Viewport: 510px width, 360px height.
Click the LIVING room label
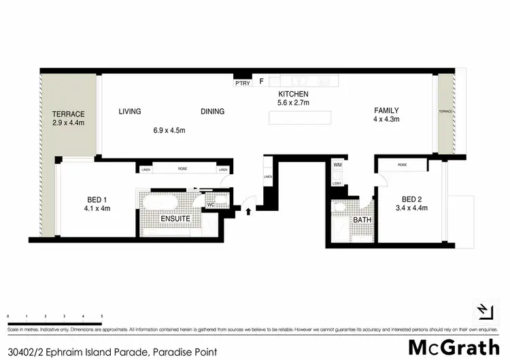pos(129,112)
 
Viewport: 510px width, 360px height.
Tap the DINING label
pos(212,112)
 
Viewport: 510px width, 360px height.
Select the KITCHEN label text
pos(294,95)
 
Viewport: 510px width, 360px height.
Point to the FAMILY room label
pos(386,111)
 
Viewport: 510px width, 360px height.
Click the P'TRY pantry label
pos(241,84)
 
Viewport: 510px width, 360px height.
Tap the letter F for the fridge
pos(261,82)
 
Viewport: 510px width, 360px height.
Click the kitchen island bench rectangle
pos(300,118)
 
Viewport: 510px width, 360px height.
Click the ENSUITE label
pos(175,219)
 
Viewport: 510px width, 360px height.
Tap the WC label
pos(211,204)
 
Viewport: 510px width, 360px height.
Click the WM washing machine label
pos(337,165)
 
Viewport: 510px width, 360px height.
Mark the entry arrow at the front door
pos(248,211)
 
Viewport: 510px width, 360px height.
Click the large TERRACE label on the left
pos(68,114)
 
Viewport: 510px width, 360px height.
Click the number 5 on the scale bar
pos(101,317)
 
